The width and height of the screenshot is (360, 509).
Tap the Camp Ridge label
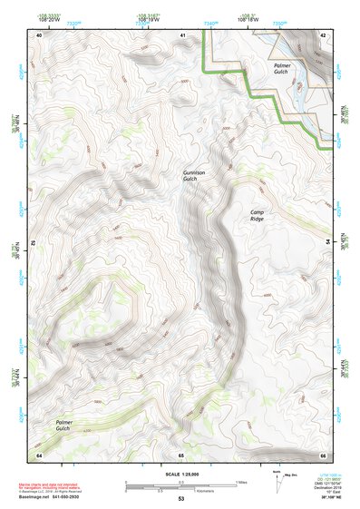tap(261, 215)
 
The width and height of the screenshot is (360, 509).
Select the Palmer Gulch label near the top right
tap(287, 70)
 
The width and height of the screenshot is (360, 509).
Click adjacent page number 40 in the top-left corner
tap(39, 34)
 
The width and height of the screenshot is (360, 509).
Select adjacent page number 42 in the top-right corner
tap(324, 34)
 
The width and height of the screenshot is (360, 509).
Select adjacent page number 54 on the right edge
tap(327, 242)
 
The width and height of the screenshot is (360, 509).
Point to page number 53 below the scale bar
tap(181, 500)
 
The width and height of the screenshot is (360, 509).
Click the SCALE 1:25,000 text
tap(181, 475)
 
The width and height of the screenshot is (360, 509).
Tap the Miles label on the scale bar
tap(242, 482)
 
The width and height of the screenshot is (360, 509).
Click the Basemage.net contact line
tap(63, 499)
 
